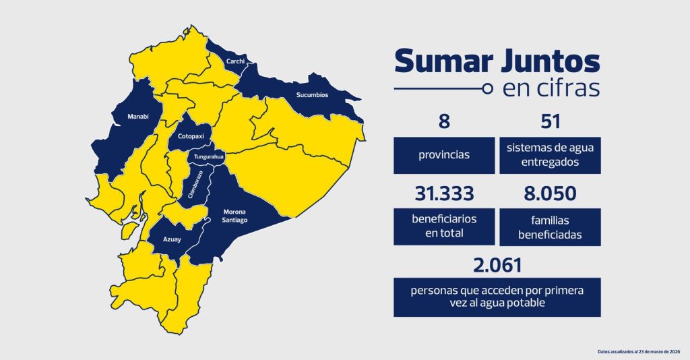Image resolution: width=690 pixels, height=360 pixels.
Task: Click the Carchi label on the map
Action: tap(235, 62)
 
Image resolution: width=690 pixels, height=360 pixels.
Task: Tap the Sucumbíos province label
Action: tap(312, 95)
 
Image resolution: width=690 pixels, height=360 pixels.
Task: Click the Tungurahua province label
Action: tap(209, 157)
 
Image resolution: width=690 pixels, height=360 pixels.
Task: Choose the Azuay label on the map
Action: tap(172, 239)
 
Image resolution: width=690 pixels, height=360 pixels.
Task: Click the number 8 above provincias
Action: tap(443, 121)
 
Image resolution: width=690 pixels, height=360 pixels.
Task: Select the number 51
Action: tap(551, 121)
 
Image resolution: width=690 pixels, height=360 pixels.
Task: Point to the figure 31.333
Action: tap(443, 194)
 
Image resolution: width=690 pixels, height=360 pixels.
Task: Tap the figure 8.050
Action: tap(551, 194)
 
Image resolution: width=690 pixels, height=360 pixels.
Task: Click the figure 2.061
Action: tap(497, 265)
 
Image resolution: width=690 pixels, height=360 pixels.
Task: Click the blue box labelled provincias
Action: tap(443, 155)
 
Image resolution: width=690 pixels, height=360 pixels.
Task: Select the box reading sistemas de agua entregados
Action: tap(551, 155)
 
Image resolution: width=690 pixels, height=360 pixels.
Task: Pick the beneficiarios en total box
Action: tap(443, 227)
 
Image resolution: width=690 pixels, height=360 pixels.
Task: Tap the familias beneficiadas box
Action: tap(551, 227)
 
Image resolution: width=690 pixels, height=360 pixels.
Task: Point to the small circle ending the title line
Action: tap(488, 89)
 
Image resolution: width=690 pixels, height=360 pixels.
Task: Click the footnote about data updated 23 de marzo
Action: tap(641, 351)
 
